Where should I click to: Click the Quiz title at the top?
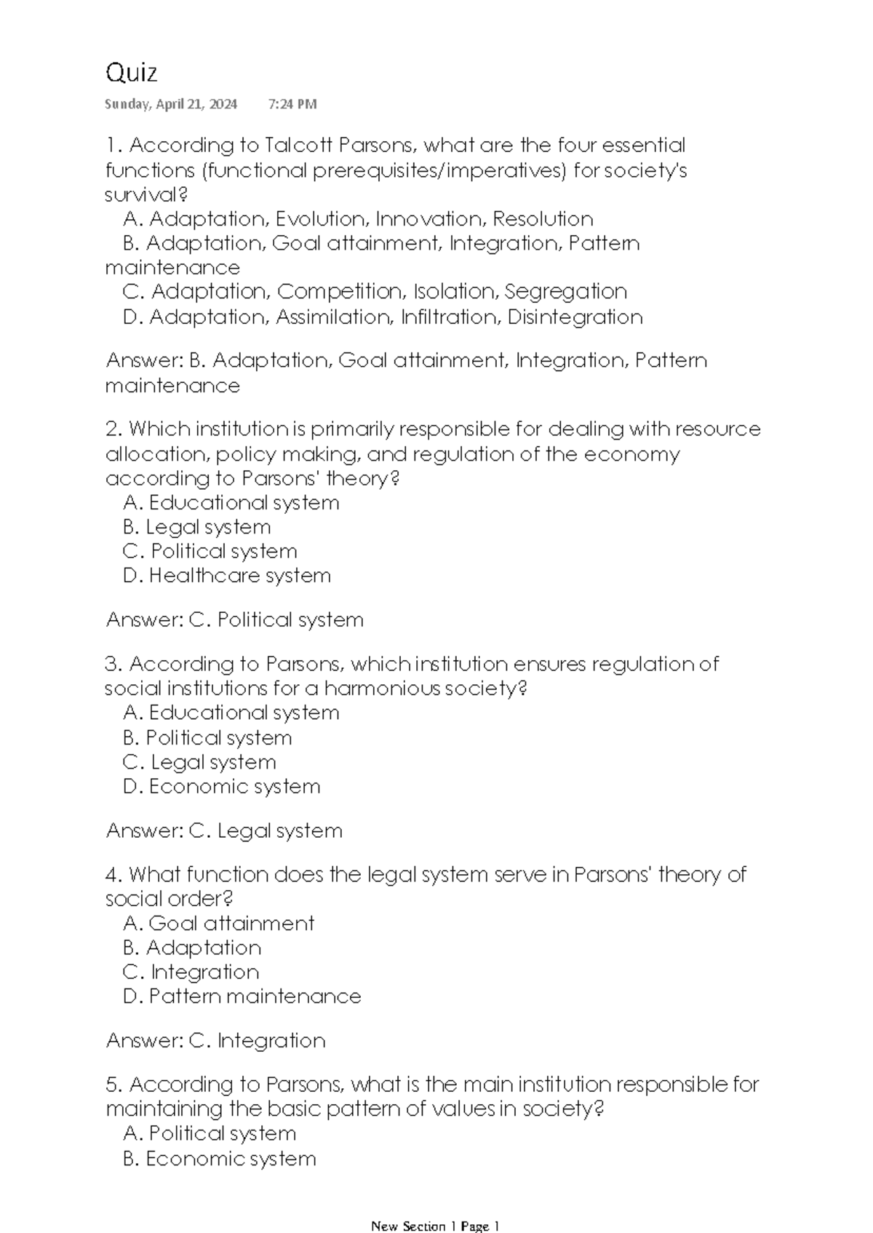(x=131, y=73)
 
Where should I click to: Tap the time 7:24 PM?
(x=292, y=104)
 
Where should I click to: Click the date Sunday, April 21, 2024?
(x=171, y=104)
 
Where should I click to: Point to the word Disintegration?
(x=575, y=317)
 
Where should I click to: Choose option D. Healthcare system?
(x=227, y=576)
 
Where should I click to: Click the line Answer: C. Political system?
(x=234, y=620)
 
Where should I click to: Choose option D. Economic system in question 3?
(x=222, y=787)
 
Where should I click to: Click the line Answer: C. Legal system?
(x=224, y=830)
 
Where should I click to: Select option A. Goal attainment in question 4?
(x=218, y=924)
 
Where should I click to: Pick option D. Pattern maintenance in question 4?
(x=242, y=996)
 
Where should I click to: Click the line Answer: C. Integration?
(x=215, y=1041)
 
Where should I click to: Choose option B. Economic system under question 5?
(x=220, y=1159)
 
